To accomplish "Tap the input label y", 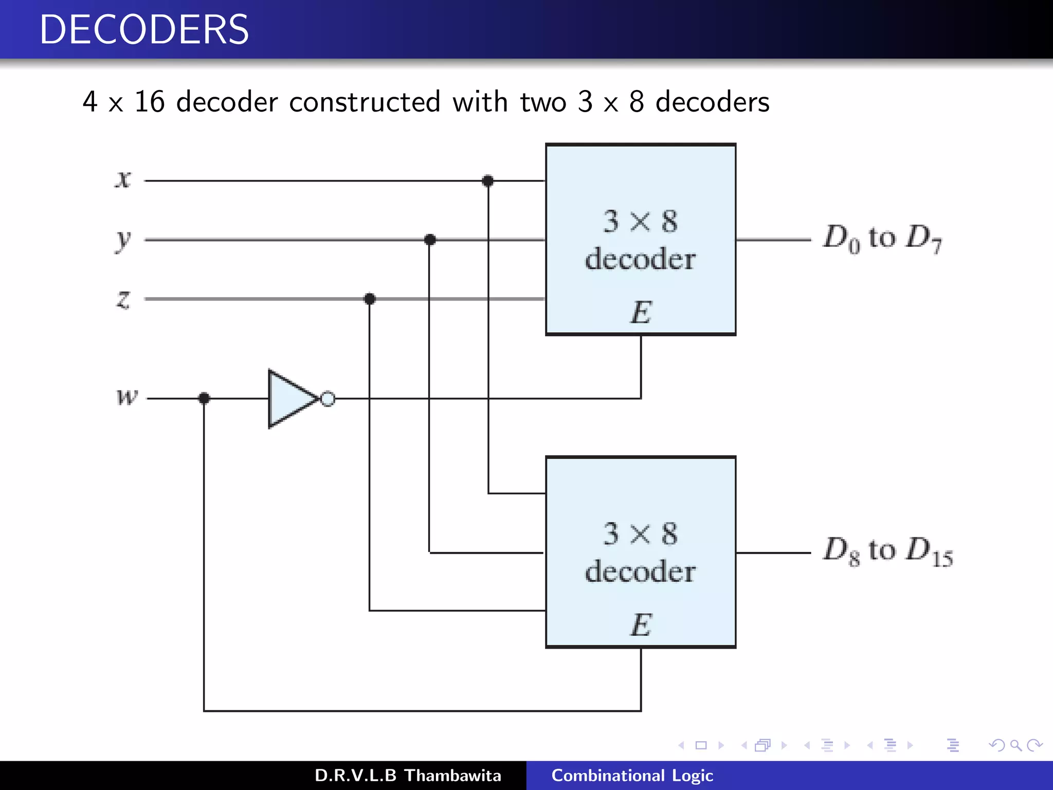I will pos(123,240).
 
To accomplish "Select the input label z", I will pos(123,299).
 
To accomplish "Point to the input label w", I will pos(127,397).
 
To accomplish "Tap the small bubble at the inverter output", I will pos(328,399).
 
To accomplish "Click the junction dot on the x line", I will pos(488,181).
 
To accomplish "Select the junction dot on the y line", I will pos(430,240).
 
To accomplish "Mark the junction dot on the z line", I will pos(370,299).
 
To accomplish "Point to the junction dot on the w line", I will pos(204,398).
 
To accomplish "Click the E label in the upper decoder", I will pos(641,312).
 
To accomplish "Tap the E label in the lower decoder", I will pos(641,625).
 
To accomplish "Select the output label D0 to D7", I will pos(882,239).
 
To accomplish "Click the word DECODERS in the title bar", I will pos(144,29).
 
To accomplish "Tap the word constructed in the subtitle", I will pos(365,102).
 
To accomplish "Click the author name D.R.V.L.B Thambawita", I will pos(408,776).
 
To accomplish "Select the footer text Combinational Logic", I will pos(632,776).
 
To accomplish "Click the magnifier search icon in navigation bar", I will pos(1015,745).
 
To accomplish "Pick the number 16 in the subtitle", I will pos(149,102).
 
